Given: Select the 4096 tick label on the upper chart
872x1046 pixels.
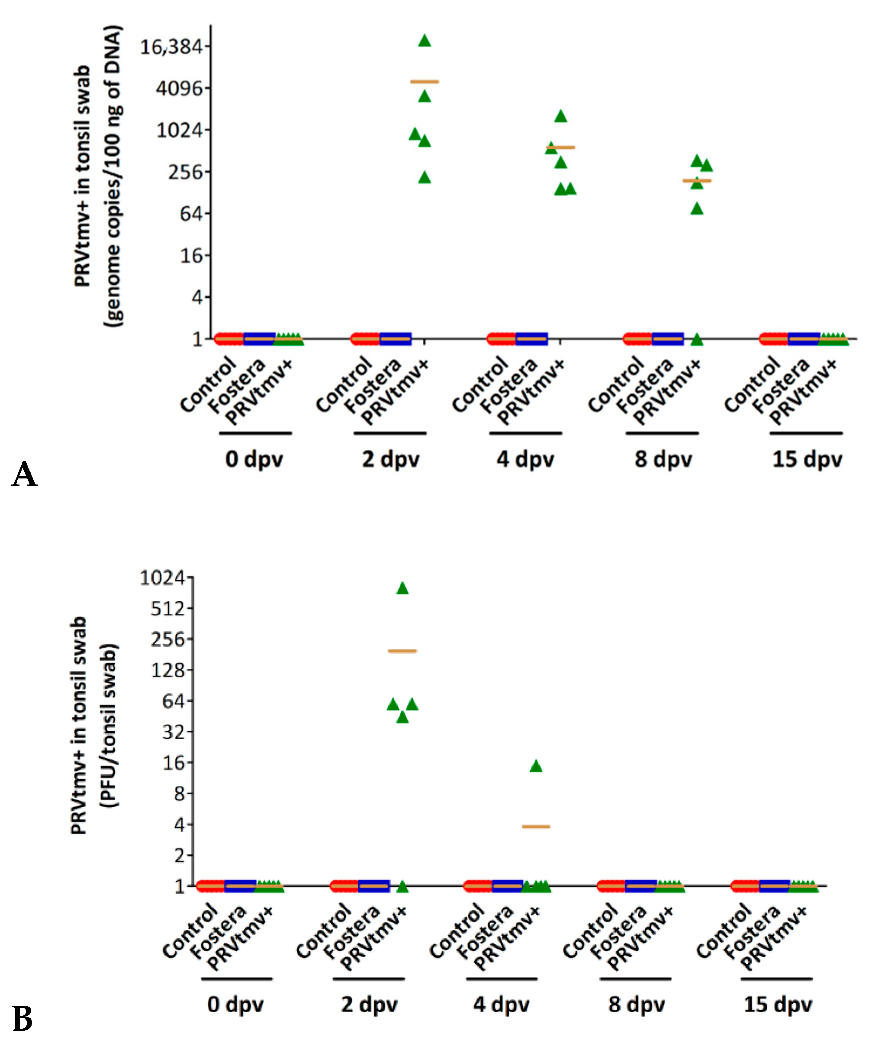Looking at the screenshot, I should click(x=180, y=89).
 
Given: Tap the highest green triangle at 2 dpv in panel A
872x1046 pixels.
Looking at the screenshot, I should click(x=424, y=41).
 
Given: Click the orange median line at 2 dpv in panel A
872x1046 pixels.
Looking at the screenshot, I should click(x=424, y=81).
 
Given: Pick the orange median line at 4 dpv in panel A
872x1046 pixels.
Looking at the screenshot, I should click(x=560, y=147).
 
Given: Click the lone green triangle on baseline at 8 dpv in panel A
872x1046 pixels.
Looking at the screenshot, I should click(x=697, y=340).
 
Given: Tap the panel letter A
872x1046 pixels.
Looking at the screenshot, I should click(x=24, y=474).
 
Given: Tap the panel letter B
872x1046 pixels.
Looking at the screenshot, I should click(x=23, y=1019).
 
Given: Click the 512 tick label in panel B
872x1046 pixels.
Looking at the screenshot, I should click(x=168, y=608).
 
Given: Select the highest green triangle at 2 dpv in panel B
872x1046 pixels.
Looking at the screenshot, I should click(x=402, y=589).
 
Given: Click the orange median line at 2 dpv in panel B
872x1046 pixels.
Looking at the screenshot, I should click(x=402, y=651).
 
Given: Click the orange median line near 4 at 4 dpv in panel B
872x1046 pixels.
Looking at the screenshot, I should click(x=536, y=826).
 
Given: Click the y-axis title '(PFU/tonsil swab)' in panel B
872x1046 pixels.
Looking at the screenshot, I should click(x=109, y=725).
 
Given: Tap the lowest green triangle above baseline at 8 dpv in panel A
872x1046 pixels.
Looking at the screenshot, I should click(x=697, y=209).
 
